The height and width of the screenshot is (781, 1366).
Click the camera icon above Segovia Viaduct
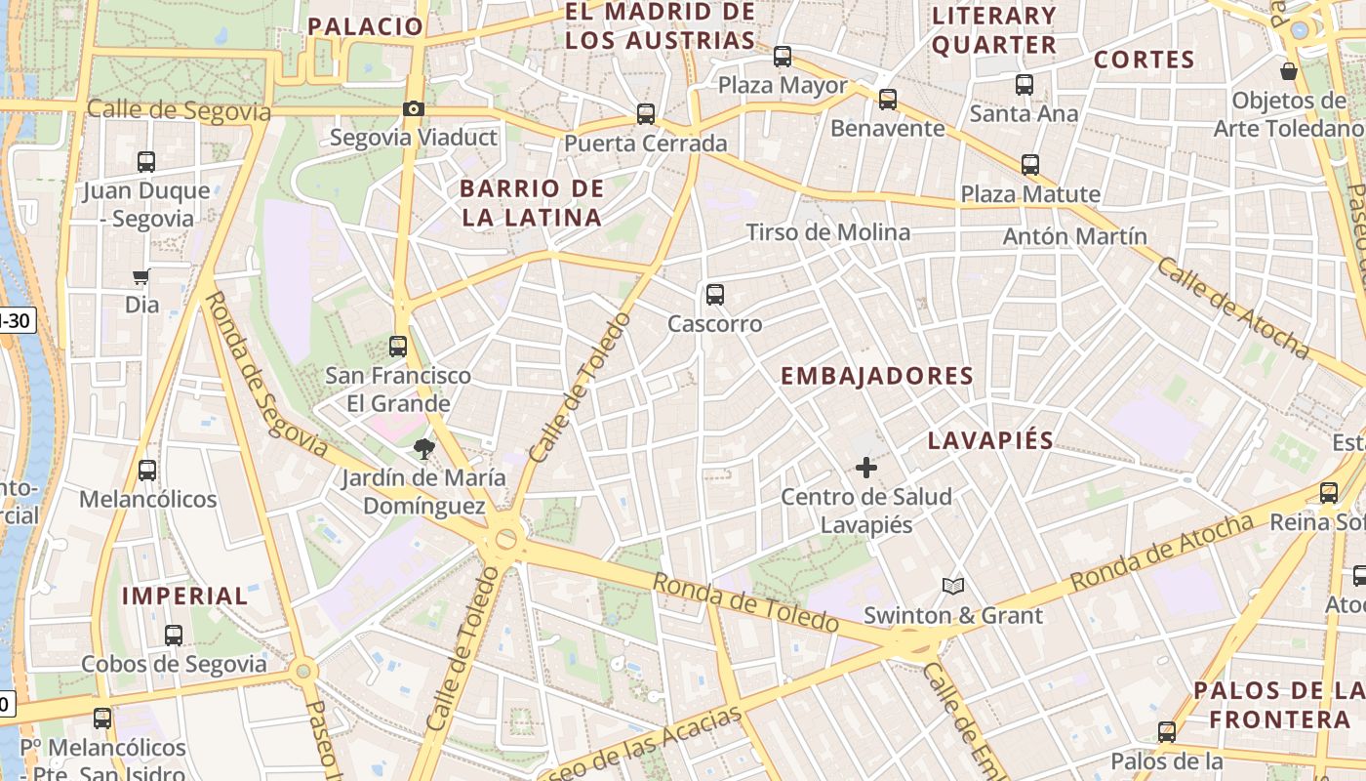click(414, 108)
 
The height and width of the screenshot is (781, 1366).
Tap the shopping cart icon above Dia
click(142, 277)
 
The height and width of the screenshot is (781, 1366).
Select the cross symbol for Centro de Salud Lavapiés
click(865, 469)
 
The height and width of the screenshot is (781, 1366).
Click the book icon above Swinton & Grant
click(953, 586)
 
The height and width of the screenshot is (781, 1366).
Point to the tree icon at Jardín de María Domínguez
click(423, 449)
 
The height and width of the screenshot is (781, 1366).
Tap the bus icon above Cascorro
click(715, 294)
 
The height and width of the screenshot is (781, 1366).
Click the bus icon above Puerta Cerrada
click(645, 114)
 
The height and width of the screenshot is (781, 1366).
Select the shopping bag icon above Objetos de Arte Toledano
click(1289, 71)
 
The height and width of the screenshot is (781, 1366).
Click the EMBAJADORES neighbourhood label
click(877, 376)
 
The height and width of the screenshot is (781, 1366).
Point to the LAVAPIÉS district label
click(990, 440)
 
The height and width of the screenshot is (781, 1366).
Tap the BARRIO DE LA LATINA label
click(532, 203)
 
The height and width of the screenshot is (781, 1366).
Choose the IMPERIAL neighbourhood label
click(185, 596)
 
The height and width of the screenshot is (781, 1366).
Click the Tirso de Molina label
click(828, 232)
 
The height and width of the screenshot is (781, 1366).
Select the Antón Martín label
click(1075, 236)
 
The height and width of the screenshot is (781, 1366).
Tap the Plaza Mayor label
click(783, 85)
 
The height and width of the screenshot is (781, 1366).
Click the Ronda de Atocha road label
click(1161, 553)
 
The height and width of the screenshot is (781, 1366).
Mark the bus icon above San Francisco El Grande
click(397, 346)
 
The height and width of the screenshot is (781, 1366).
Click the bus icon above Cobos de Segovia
click(174, 635)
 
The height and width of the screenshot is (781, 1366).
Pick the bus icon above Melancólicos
click(147, 470)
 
